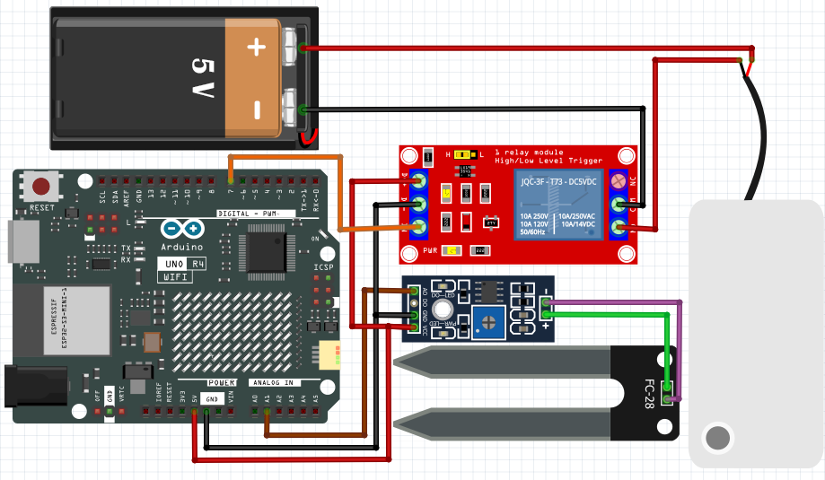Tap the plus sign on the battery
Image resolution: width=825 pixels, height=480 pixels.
[257, 46]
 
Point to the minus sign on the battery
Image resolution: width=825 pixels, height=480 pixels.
[257, 109]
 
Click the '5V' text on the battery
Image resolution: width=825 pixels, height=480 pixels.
[204, 79]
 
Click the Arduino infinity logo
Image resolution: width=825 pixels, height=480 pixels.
[181, 230]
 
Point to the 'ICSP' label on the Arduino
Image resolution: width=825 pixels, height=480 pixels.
[323, 266]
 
